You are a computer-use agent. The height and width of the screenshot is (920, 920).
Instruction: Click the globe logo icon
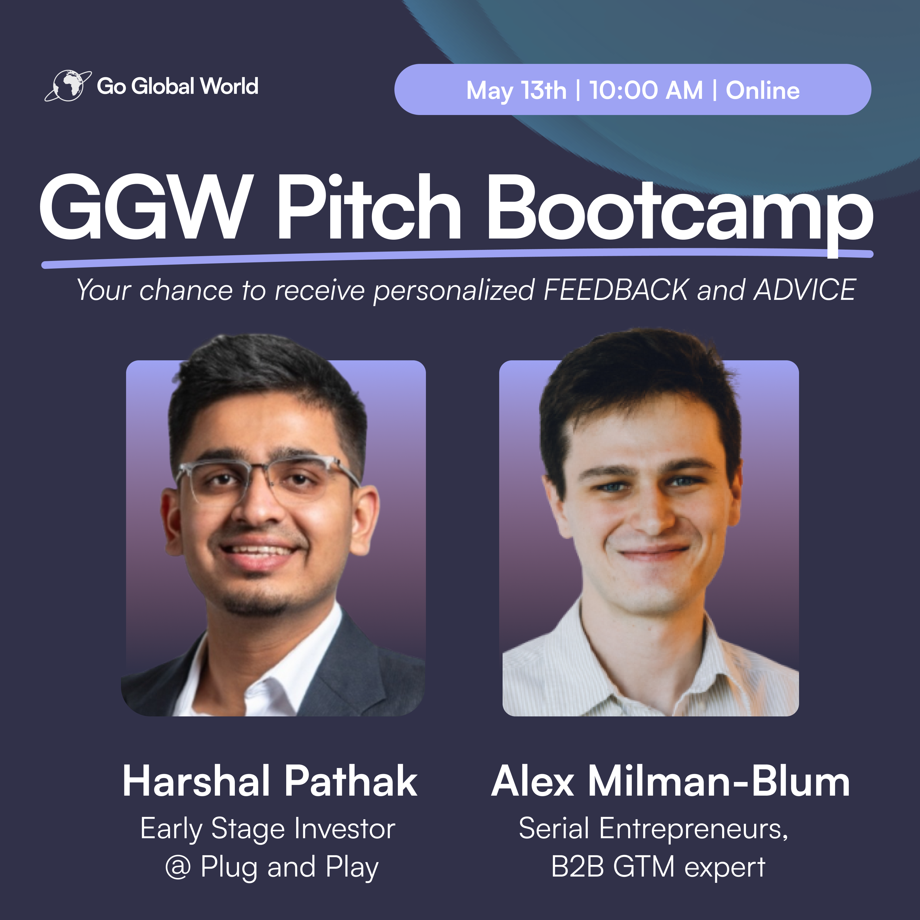pyautogui.click(x=68, y=86)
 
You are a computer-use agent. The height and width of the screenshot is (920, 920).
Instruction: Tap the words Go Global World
pyautogui.click(x=178, y=86)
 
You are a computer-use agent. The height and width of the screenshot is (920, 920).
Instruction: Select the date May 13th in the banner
pyautogui.click(x=516, y=91)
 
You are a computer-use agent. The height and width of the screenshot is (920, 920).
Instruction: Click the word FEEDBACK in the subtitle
pyautogui.click(x=616, y=290)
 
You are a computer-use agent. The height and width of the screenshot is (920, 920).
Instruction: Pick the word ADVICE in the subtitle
pyautogui.click(x=805, y=290)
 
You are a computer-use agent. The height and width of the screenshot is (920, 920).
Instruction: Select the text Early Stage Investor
pyautogui.click(x=267, y=829)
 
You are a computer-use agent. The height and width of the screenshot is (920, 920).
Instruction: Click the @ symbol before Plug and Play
pyautogui.click(x=178, y=868)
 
